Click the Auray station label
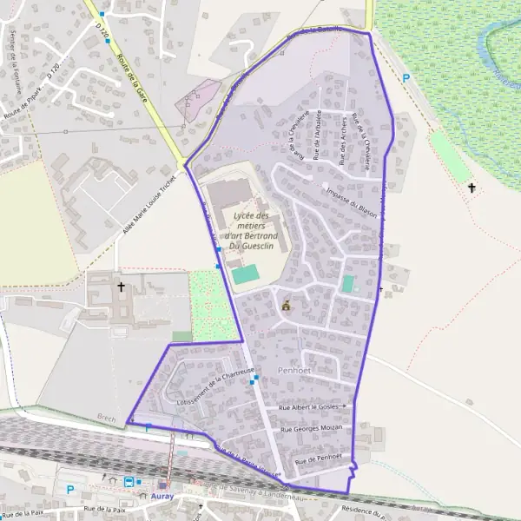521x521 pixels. pyautogui.click(x=162, y=496)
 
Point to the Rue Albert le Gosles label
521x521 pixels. pyautogui.click(x=310, y=406)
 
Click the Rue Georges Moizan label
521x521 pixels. pyautogui.click(x=312, y=428)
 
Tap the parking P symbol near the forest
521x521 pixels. pyautogui.click(x=406, y=78)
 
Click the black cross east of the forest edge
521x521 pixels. pyautogui.click(x=472, y=187)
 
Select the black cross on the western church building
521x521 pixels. pyautogui.click(x=122, y=285)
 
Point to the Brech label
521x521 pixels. pyautogui.click(x=106, y=418)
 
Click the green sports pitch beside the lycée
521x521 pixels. pyautogui.click(x=245, y=274)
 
